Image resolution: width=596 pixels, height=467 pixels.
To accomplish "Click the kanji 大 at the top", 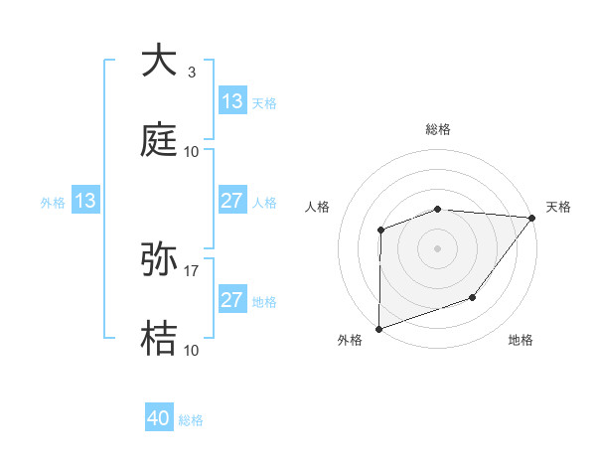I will [x=159, y=62].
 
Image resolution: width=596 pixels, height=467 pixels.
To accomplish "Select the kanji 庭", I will [x=159, y=140].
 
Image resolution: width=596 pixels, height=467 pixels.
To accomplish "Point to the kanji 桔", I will [x=159, y=339].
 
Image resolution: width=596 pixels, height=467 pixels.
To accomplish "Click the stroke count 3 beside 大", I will [x=192, y=73].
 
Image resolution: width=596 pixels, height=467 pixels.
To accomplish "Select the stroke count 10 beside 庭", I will [x=192, y=152].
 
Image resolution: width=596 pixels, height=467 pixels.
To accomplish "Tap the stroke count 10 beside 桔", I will [x=192, y=351].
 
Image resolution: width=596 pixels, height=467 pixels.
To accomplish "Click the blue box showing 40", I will [x=159, y=419].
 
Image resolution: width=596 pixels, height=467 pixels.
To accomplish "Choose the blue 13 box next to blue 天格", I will [x=232, y=101].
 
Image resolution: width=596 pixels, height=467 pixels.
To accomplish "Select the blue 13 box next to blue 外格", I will [x=85, y=202].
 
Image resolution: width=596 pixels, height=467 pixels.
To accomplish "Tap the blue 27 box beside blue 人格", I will [x=232, y=201].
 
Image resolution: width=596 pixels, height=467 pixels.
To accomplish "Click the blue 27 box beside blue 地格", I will [x=232, y=300].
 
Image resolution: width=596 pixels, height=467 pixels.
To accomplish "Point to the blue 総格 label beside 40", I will [x=192, y=420].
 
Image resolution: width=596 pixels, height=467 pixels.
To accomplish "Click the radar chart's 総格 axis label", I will [x=438, y=129].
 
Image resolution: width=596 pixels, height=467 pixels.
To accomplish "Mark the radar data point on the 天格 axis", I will [x=532, y=218].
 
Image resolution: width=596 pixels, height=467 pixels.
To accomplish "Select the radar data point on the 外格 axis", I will [x=379, y=328].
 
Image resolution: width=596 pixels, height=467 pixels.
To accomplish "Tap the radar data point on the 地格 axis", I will [x=474, y=297].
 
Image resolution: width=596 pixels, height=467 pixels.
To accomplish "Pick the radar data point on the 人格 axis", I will [x=381, y=231].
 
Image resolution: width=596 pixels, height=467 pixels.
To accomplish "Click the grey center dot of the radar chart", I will [x=438, y=248].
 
